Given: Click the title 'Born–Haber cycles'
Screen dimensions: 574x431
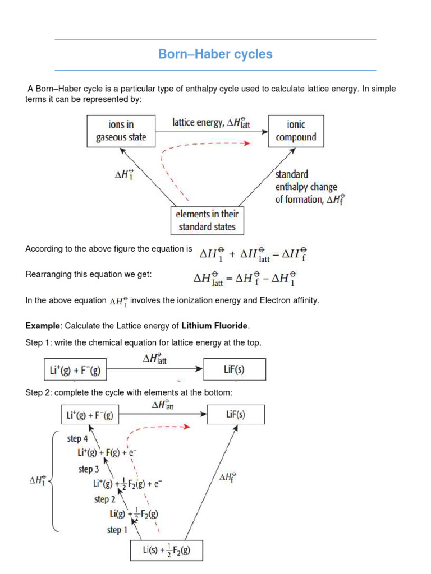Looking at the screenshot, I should click(x=215, y=54).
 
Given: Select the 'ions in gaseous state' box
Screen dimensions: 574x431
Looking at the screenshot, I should click(x=121, y=131).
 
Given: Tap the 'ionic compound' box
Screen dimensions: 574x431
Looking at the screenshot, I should click(x=296, y=131).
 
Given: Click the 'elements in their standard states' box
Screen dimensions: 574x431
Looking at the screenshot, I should click(x=207, y=220).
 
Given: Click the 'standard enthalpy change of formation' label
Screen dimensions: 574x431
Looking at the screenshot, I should click(x=309, y=187).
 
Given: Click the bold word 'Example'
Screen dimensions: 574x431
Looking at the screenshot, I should click(x=43, y=326).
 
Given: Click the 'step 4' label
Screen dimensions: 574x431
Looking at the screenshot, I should click(x=78, y=438).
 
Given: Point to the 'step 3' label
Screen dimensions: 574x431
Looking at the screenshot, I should click(x=89, y=469).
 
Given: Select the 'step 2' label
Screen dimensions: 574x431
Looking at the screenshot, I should click(x=105, y=499).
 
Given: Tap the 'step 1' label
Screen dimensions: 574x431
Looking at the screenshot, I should click(x=117, y=529).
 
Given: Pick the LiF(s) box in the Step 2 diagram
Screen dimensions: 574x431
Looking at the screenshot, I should click(x=236, y=415).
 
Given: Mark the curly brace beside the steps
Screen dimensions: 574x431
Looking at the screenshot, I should click(x=54, y=480).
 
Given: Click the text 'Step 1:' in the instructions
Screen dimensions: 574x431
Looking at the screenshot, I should click(x=37, y=342).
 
